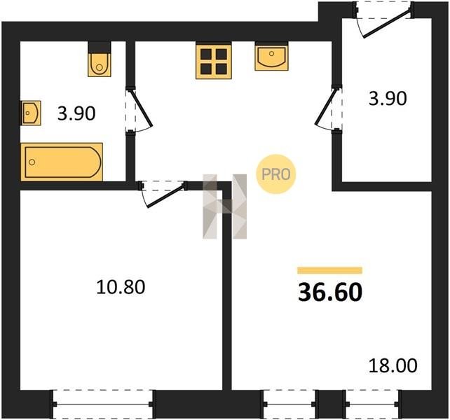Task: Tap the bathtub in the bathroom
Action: pos(62,162)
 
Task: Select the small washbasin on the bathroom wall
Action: pos(31,113)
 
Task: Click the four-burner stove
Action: pos(214,61)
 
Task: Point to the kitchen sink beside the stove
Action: pos(271,57)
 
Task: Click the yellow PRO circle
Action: pos(275,174)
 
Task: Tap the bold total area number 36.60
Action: pos(330,293)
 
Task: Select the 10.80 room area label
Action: pos(121,287)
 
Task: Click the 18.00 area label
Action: pos(393,366)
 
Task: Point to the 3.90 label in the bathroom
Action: pos(76,113)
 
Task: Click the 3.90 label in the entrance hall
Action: pos(388,98)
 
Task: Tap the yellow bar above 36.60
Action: pos(329,270)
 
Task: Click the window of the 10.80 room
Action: pos(103,404)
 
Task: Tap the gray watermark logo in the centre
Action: pos(225,206)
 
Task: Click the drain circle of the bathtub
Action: pos(32,162)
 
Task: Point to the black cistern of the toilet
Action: pos(100,48)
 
